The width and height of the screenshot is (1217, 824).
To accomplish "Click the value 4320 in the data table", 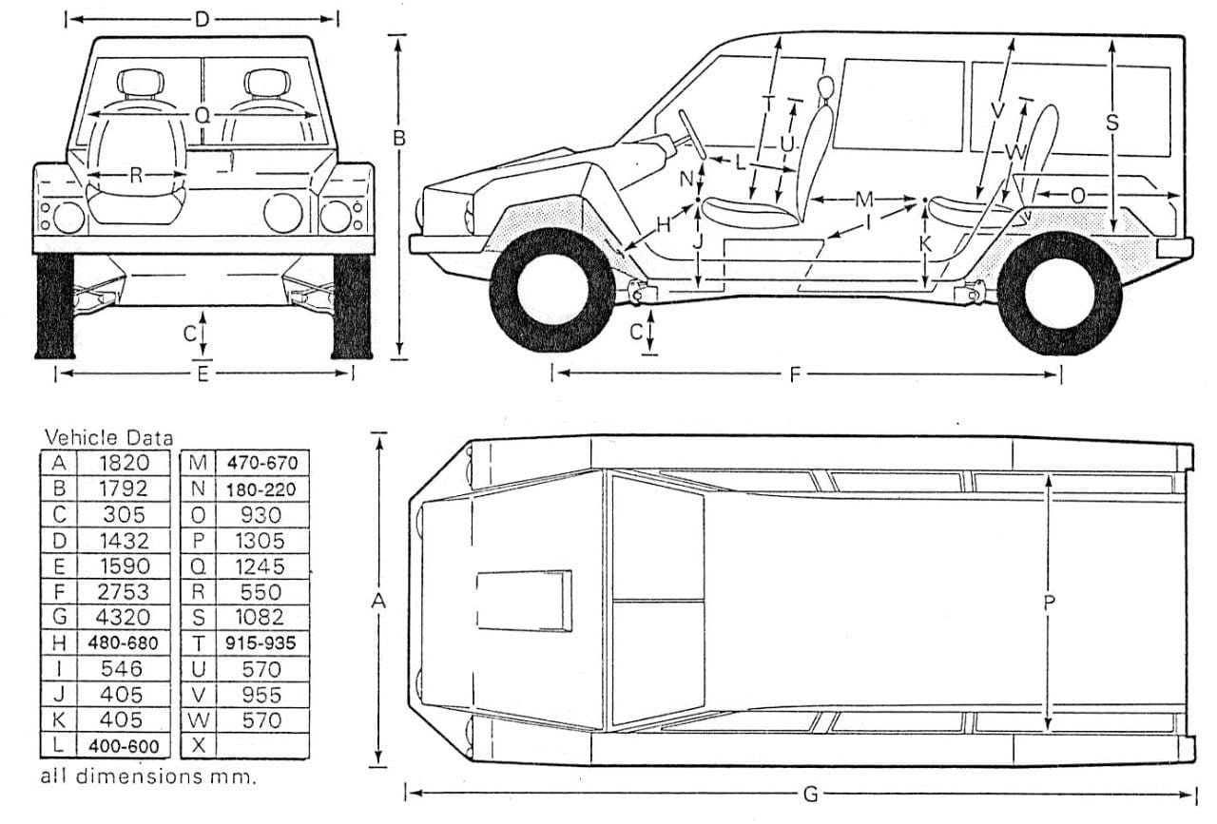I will tap(122, 617).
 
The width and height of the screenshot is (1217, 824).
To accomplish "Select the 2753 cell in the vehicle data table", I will tap(122, 591).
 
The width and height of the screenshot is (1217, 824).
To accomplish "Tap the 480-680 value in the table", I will tap(122, 642).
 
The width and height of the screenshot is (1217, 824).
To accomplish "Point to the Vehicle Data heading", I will tap(109, 438).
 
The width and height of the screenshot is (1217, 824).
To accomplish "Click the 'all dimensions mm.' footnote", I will tap(148, 776).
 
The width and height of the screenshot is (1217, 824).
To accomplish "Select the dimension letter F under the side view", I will tap(794, 374).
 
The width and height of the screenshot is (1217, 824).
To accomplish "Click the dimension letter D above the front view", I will tap(202, 19).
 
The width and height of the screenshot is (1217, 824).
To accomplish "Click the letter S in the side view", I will tap(1112, 123).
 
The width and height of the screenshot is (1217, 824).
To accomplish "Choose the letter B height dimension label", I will tap(399, 138).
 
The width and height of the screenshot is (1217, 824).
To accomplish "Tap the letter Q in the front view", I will tap(202, 115).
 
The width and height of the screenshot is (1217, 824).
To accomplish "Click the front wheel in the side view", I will tap(551, 289).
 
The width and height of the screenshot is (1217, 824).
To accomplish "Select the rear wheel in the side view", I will tap(1060, 291).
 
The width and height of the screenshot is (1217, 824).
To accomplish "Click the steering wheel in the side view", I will tap(691, 134).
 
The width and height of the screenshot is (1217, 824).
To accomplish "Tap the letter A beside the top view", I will tap(378, 602).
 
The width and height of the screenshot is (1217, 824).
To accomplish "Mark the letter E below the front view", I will tap(203, 374).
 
